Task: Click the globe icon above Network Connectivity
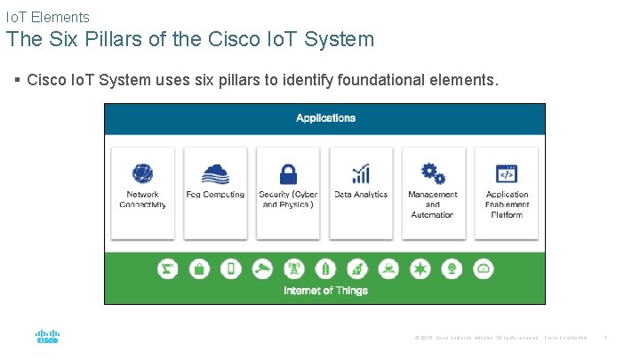pyautogui.click(x=142, y=172)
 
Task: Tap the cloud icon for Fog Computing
pyautogui.click(x=215, y=172)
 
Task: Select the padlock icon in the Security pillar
pyautogui.click(x=288, y=172)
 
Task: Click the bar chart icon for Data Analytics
pyautogui.click(x=361, y=172)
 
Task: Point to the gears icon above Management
pyautogui.click(x=433, y=172)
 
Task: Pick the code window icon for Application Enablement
pyautogui.click(x=507, y=172)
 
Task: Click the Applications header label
pyautogui.click(x=325, y=118)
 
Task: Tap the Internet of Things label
pyautogui.click(x=325, y=291)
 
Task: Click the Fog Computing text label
pyautogui.click(x=215, y=195)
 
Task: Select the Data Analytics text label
pyautogui.click(x=361, y=195)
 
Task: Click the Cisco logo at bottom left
pyautogui.click(x=47, y=336)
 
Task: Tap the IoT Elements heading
pyautogui.click(x=47, y=16)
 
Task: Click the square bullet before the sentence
pyautogui.click(x=18, y=80)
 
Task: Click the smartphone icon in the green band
pyautogui.click(x=231, y=268)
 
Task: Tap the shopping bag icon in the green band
pyautogui.click(x=199, y=268)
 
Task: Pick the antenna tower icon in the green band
pyautogui.click(x=294, y=268)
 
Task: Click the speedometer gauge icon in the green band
pyautogui.click(x=484, y=268)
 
